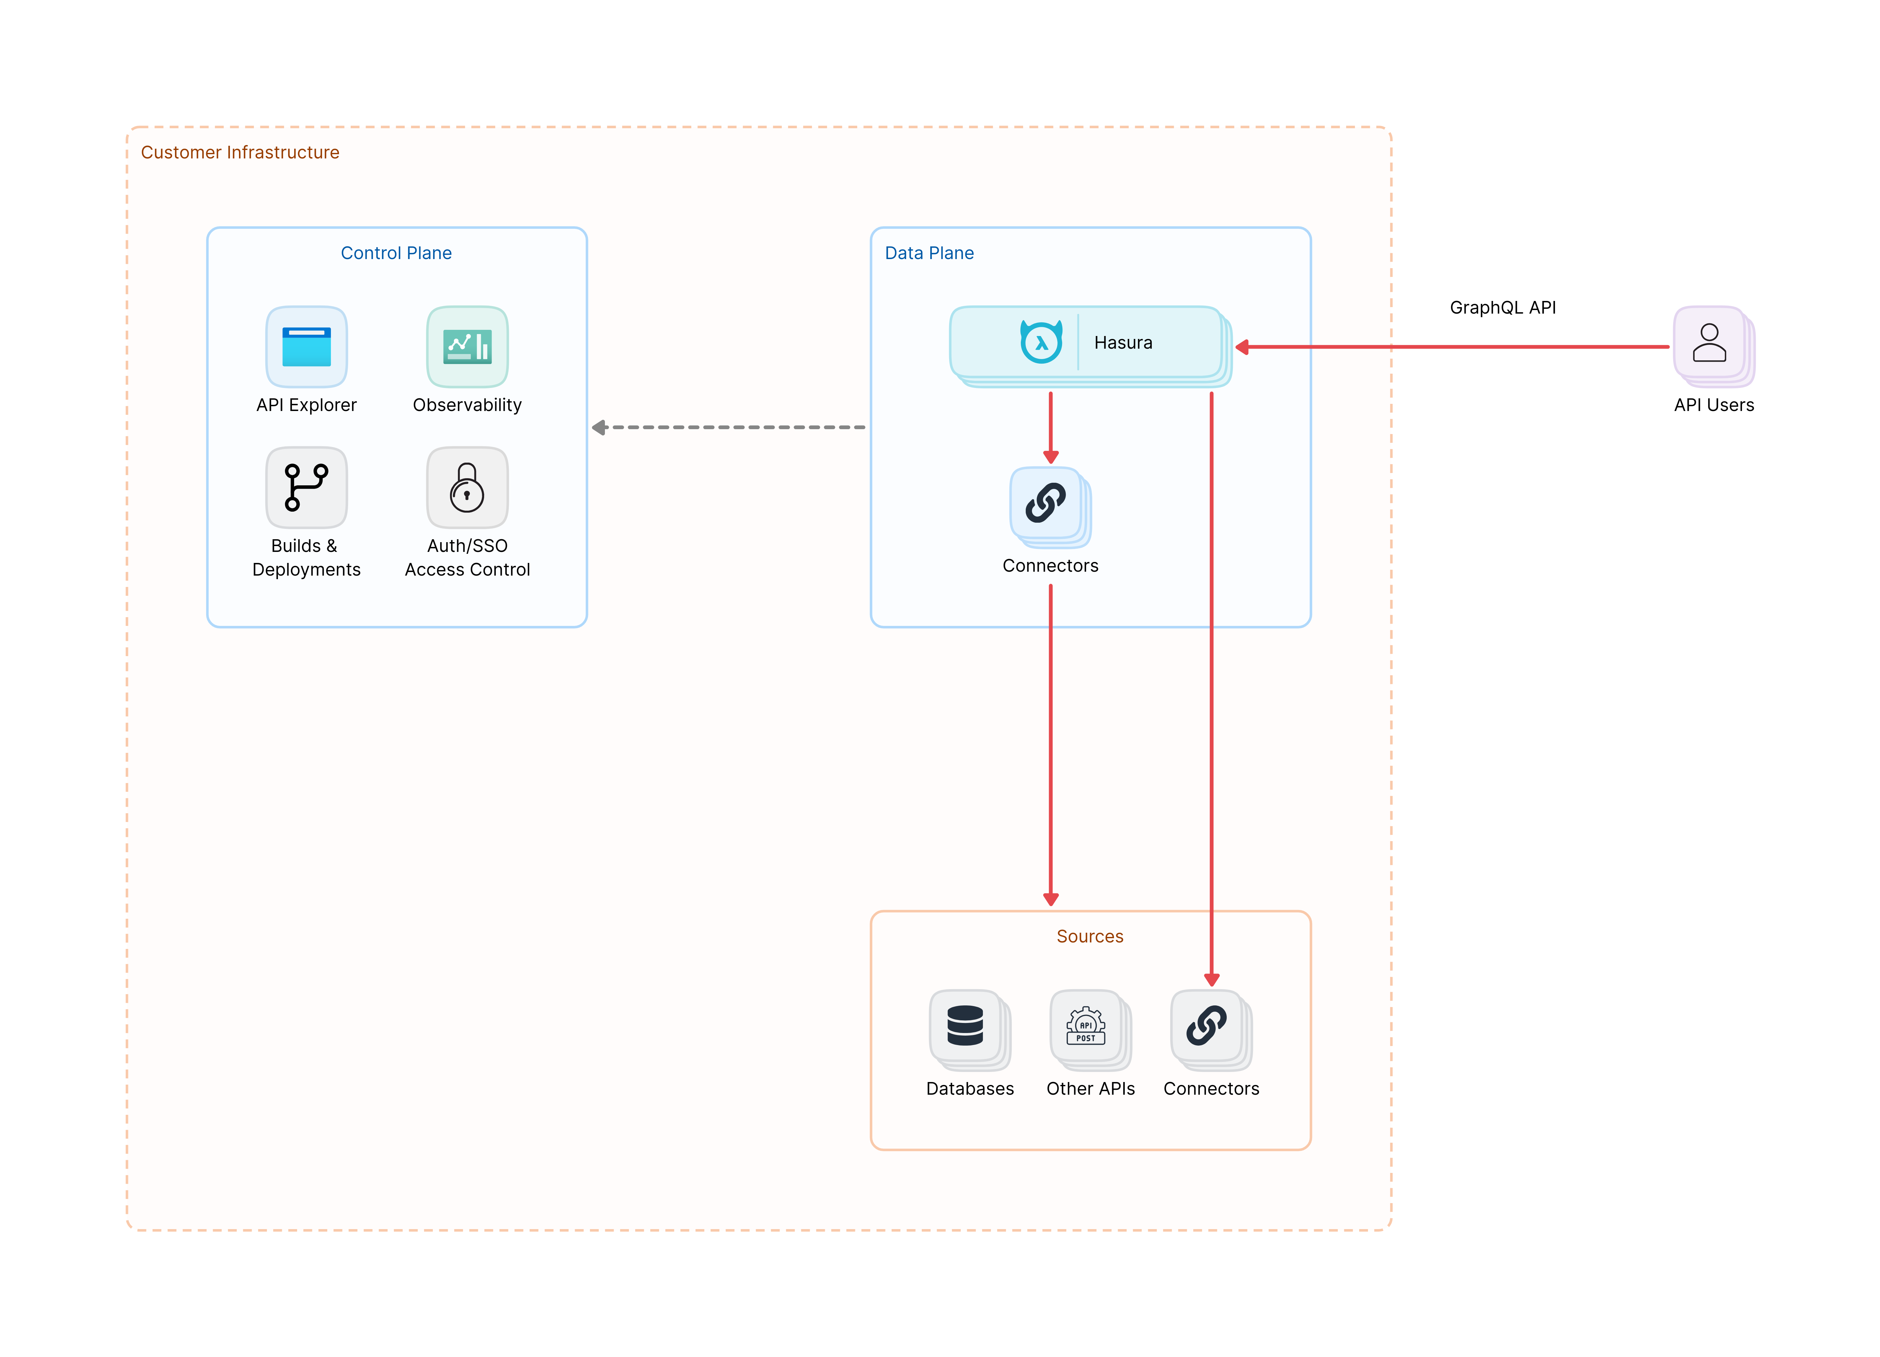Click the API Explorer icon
tap(306, 346)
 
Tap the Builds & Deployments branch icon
tap(306, 487)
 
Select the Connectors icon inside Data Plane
tap(1046, 503)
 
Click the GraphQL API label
tap(1502, 307)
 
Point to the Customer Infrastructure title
tap(240, 153)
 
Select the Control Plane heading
tap(396, 253)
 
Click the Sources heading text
tap(1089, 936)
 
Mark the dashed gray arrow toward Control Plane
tap(730, 428)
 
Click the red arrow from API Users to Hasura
tap(1451, 346)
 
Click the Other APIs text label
tap(1090, 1089)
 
